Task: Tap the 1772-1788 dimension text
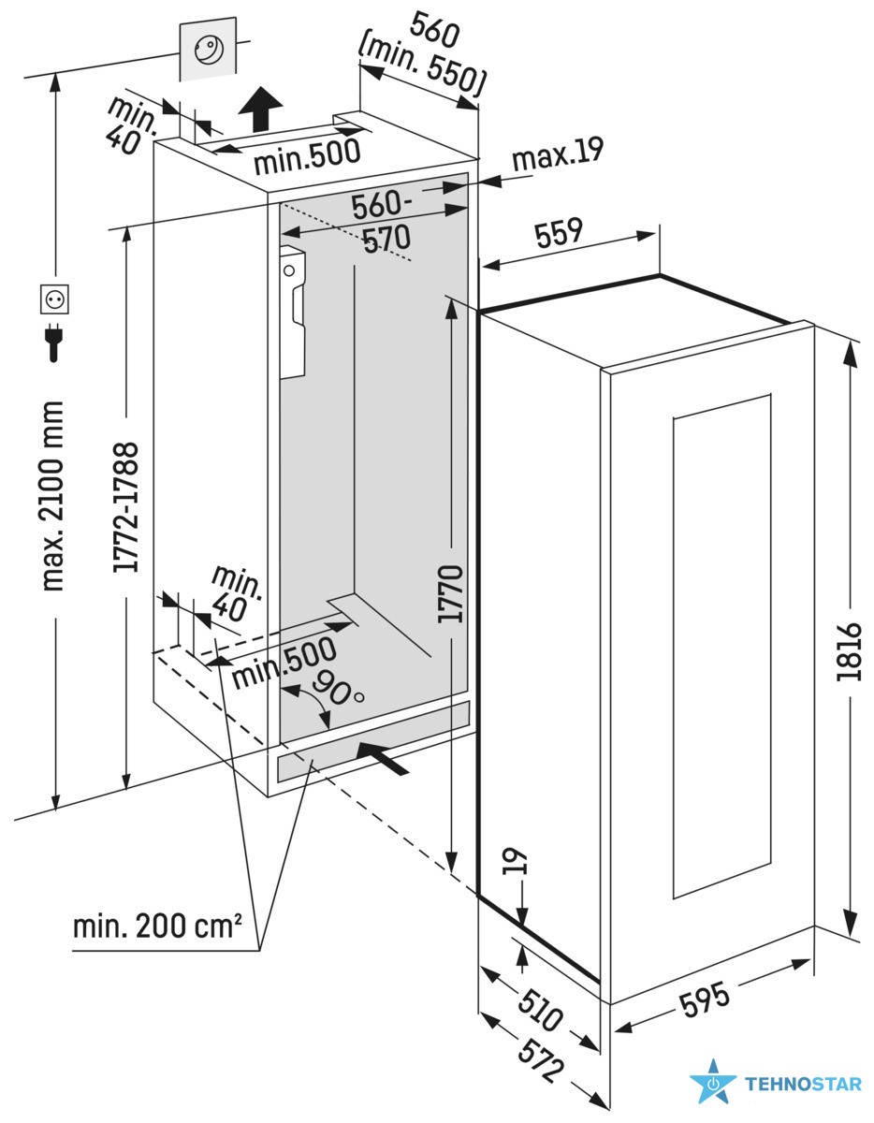[124, 506]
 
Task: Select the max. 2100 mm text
[53, 496]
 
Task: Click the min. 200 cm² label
[157, 927]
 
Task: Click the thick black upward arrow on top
[259, 109]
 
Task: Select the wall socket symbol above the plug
[55, 299]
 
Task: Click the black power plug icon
[54, 341]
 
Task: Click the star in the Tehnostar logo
[713, 1084]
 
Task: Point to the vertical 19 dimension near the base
[520, 862]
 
